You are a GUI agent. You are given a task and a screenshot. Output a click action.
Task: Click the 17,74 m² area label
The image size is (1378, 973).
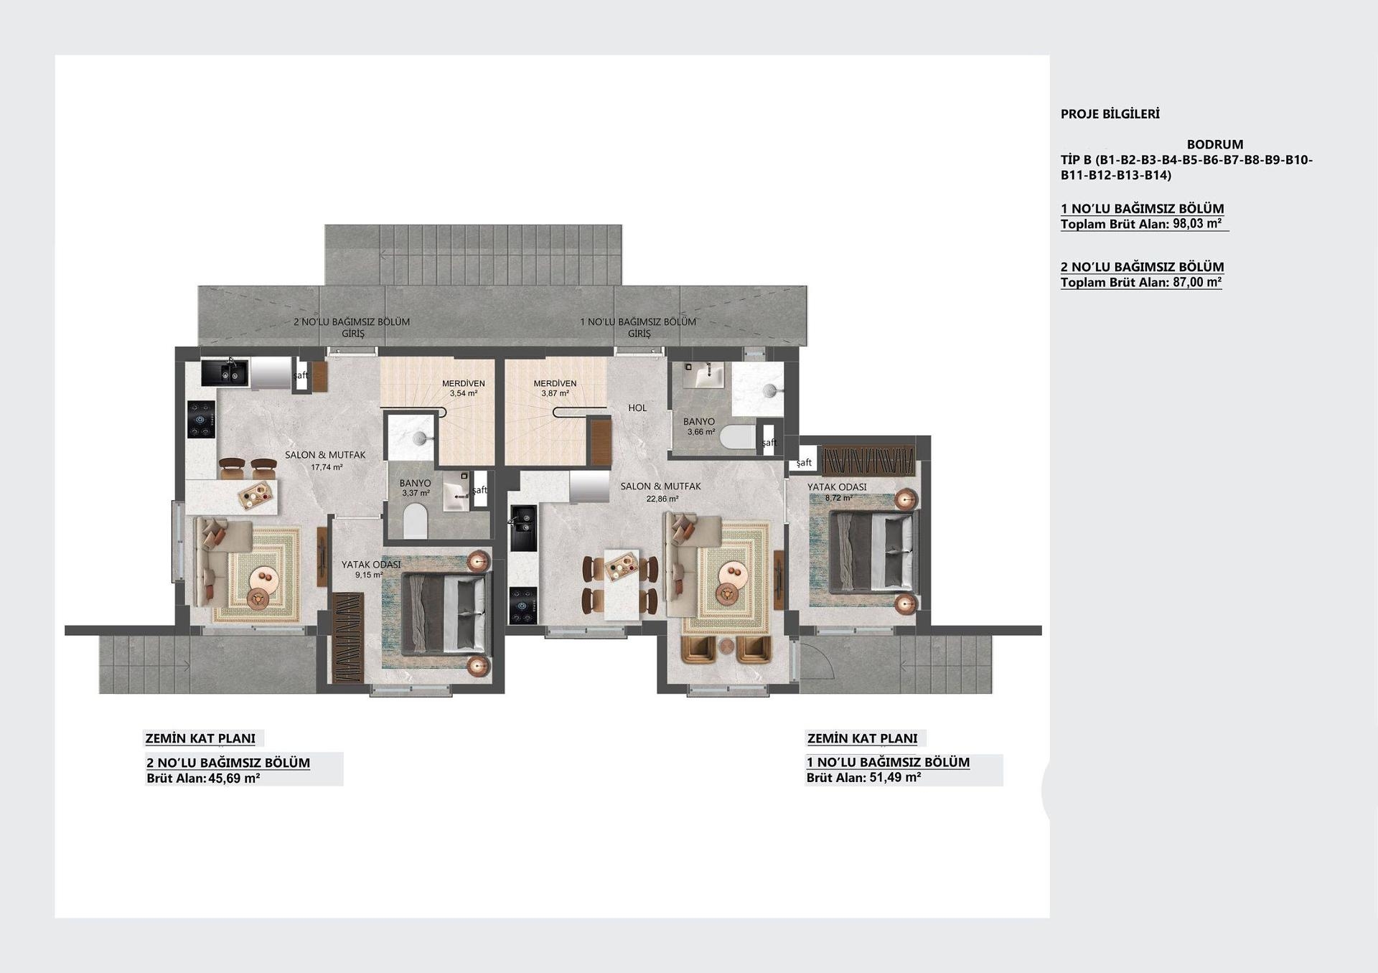327,467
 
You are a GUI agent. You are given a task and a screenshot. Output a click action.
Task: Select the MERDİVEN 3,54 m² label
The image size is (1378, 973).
464,388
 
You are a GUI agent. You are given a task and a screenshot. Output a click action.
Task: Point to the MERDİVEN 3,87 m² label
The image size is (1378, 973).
555,388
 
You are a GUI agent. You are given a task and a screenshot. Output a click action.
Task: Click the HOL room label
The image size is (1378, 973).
637,408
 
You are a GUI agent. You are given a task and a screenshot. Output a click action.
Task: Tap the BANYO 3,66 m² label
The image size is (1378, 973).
700,427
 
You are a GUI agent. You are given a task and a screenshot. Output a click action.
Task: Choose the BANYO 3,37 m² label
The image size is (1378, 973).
416,488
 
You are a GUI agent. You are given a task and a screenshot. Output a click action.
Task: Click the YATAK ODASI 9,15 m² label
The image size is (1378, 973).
371,569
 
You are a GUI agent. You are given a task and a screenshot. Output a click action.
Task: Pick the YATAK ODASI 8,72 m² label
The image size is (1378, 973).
837,492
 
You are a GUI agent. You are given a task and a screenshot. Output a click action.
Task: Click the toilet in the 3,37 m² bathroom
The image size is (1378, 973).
415,521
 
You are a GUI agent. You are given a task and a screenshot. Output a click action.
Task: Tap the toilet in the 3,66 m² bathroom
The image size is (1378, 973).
738,437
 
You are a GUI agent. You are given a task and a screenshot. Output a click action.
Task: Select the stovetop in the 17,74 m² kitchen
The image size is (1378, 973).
201,419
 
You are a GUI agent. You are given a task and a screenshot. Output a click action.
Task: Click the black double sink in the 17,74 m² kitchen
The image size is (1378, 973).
224,373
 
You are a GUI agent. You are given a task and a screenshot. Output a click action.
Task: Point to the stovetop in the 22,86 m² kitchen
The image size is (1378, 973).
523,606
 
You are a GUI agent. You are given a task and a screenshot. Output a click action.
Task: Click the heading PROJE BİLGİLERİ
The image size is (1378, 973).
1110,114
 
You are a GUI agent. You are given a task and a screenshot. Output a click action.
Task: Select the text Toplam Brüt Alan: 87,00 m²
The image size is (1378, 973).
1141,282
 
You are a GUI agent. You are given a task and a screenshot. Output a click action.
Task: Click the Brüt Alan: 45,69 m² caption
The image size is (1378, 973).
203,778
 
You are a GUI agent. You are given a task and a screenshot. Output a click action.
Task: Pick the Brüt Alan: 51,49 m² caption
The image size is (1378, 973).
864,777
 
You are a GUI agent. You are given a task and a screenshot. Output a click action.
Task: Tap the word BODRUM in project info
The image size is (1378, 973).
1215,144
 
